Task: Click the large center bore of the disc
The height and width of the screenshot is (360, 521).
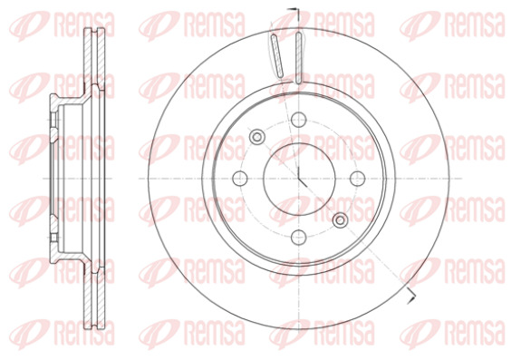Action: tap(299, 179)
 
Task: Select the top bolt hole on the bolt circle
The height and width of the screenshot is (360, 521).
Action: tap(299, 120)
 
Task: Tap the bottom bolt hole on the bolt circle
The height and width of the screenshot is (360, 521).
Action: tap(299, 237)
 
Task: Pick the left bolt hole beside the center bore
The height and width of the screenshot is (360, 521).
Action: tap(240, 179)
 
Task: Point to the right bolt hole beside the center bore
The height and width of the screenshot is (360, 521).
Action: tap(358, 179)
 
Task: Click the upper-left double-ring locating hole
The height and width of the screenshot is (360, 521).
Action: tap(257, 137)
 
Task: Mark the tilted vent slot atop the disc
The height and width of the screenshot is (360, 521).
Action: tap(277, 55)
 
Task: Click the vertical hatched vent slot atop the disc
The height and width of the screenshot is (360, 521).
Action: tap(299, 58)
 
